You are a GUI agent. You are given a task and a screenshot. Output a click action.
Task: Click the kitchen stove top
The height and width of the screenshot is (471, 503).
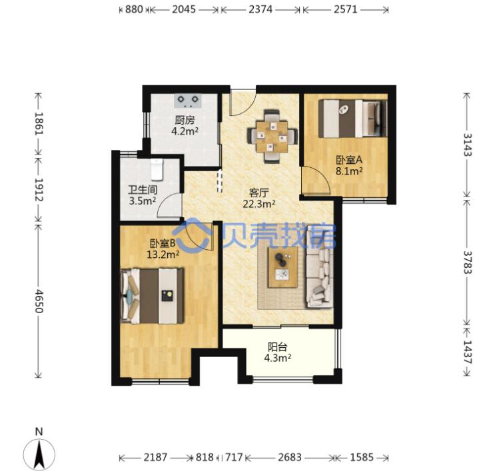click(x=188, y=101)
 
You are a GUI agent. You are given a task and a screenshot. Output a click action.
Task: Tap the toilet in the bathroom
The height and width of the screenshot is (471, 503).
click(x=157, y=169)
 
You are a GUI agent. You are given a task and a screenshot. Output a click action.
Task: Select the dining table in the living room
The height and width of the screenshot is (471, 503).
click(x=272, y=136)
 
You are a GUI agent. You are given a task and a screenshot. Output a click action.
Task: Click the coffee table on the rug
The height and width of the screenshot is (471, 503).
click(x=283, y=267)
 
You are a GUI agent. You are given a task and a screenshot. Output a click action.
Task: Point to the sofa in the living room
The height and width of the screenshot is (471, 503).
click(x=320, y=266)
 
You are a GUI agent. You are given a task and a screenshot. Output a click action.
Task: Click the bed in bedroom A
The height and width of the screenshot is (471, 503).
click(x=352, y=119)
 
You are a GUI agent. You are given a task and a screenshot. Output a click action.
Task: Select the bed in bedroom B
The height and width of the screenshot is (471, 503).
click(x=153, y=296)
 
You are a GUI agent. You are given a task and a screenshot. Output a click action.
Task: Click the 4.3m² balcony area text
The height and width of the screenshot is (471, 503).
click(x=278, y=358)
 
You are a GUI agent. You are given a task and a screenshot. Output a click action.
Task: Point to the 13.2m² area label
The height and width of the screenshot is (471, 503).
click(x=163, y=254)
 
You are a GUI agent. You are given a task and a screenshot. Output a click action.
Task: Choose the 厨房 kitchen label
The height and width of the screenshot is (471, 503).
click(x=185, y=121)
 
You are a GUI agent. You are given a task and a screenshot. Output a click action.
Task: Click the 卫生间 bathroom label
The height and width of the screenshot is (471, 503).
click(x=143, y=190)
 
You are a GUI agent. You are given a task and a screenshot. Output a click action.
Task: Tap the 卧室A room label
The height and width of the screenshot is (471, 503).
click(x=349, y=160)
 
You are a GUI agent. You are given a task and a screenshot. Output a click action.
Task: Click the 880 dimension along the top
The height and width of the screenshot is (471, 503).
click(x=134, y=9)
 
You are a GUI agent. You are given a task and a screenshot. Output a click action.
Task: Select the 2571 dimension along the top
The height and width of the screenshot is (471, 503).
click(x=346, y=9)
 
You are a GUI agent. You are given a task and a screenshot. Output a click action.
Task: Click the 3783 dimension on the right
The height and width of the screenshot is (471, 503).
click(x=468, y=262)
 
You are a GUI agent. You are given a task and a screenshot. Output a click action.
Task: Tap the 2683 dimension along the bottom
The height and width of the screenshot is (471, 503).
click(x=290, y=457)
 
